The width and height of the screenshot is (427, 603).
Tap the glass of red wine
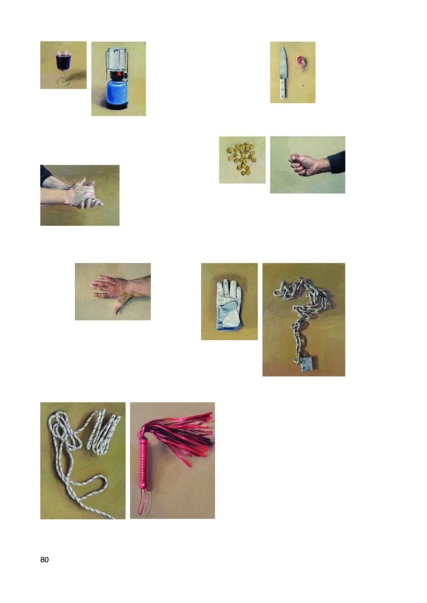click(63, 68)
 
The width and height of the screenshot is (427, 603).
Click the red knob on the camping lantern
click(119, 74)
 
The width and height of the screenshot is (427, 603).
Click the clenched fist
click(302, 164)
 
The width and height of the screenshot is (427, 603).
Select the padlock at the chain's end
click(309, 364)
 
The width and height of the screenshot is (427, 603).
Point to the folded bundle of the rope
click(103, 431)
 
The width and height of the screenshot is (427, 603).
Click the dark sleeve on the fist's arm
click(337, 162)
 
